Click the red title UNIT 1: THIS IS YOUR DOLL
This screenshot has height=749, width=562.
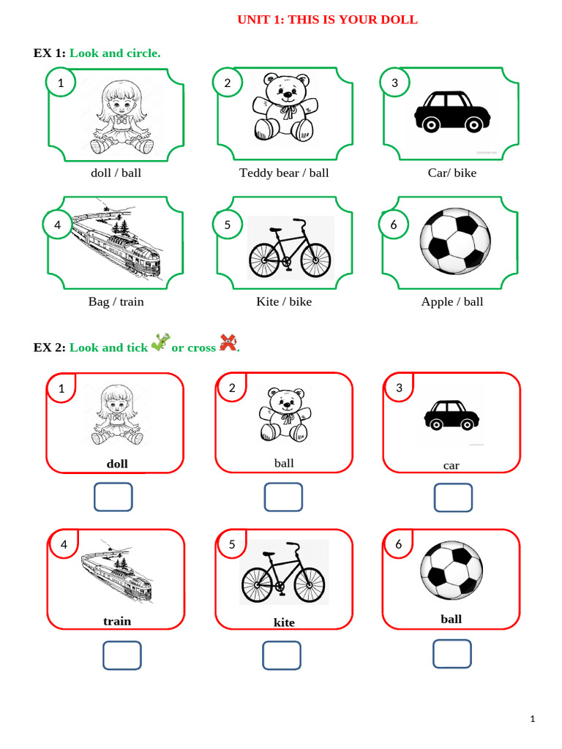point(327,20)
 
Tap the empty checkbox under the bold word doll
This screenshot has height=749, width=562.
point(113,497)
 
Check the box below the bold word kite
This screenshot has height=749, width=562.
point(282,655)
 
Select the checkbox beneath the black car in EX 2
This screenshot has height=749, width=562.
point(454,497)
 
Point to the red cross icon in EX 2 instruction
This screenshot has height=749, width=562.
point(228,342)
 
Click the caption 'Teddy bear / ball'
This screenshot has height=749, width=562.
point(284,173)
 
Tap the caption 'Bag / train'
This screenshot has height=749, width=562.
point(116,301)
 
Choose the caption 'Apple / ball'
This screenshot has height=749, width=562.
point(452,301)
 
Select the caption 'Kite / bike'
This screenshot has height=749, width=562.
point(284,301)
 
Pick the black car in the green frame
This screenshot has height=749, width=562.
point(452,112)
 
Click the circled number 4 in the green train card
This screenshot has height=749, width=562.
point(57,225)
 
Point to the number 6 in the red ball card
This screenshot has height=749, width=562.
point(399,543)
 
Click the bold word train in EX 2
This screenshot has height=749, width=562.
point(117,621)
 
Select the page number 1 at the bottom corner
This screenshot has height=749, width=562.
point(533,719)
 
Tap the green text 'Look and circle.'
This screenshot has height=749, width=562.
point(115,53)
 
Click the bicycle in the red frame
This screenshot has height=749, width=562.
point(283,573)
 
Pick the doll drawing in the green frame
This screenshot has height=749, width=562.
point(119,117)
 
